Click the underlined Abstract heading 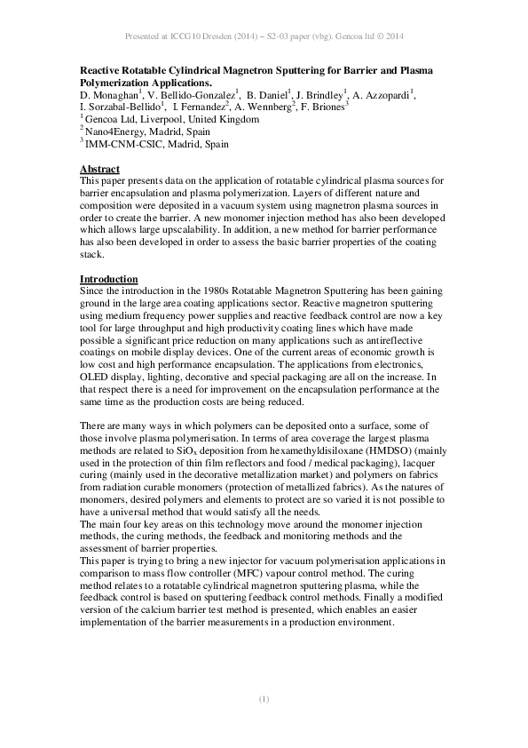click(99, 169)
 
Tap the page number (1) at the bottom click(264, 700)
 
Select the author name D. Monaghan click(108, 94)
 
